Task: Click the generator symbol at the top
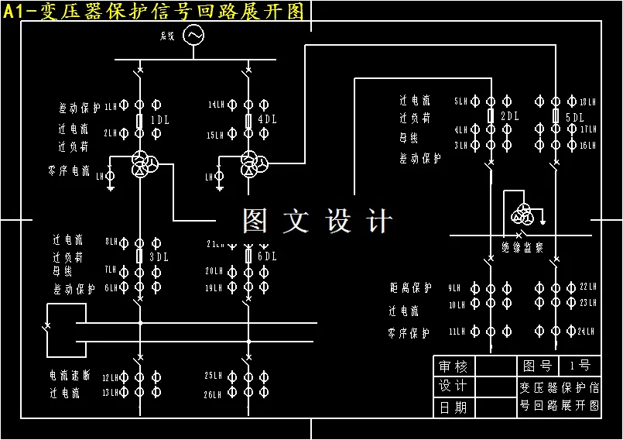[192, 36]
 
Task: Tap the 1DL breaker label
[159, 120]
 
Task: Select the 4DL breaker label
[268, 120]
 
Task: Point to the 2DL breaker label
[509, 116]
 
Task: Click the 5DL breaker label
[575, 117]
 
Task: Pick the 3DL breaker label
[159, 256]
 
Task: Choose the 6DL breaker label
[267, 256]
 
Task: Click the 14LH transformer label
[216, 105]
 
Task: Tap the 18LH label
[588, 101]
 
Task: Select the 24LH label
[587, 332]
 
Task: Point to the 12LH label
[111, 377]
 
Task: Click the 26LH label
[213, 394]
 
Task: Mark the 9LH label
[454, 288]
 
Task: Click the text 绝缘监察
[522, 248]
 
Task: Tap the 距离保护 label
[410, 288]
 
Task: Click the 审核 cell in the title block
[454, 366]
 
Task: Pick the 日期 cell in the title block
[454, 407]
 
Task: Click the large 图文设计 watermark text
[317, 222]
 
